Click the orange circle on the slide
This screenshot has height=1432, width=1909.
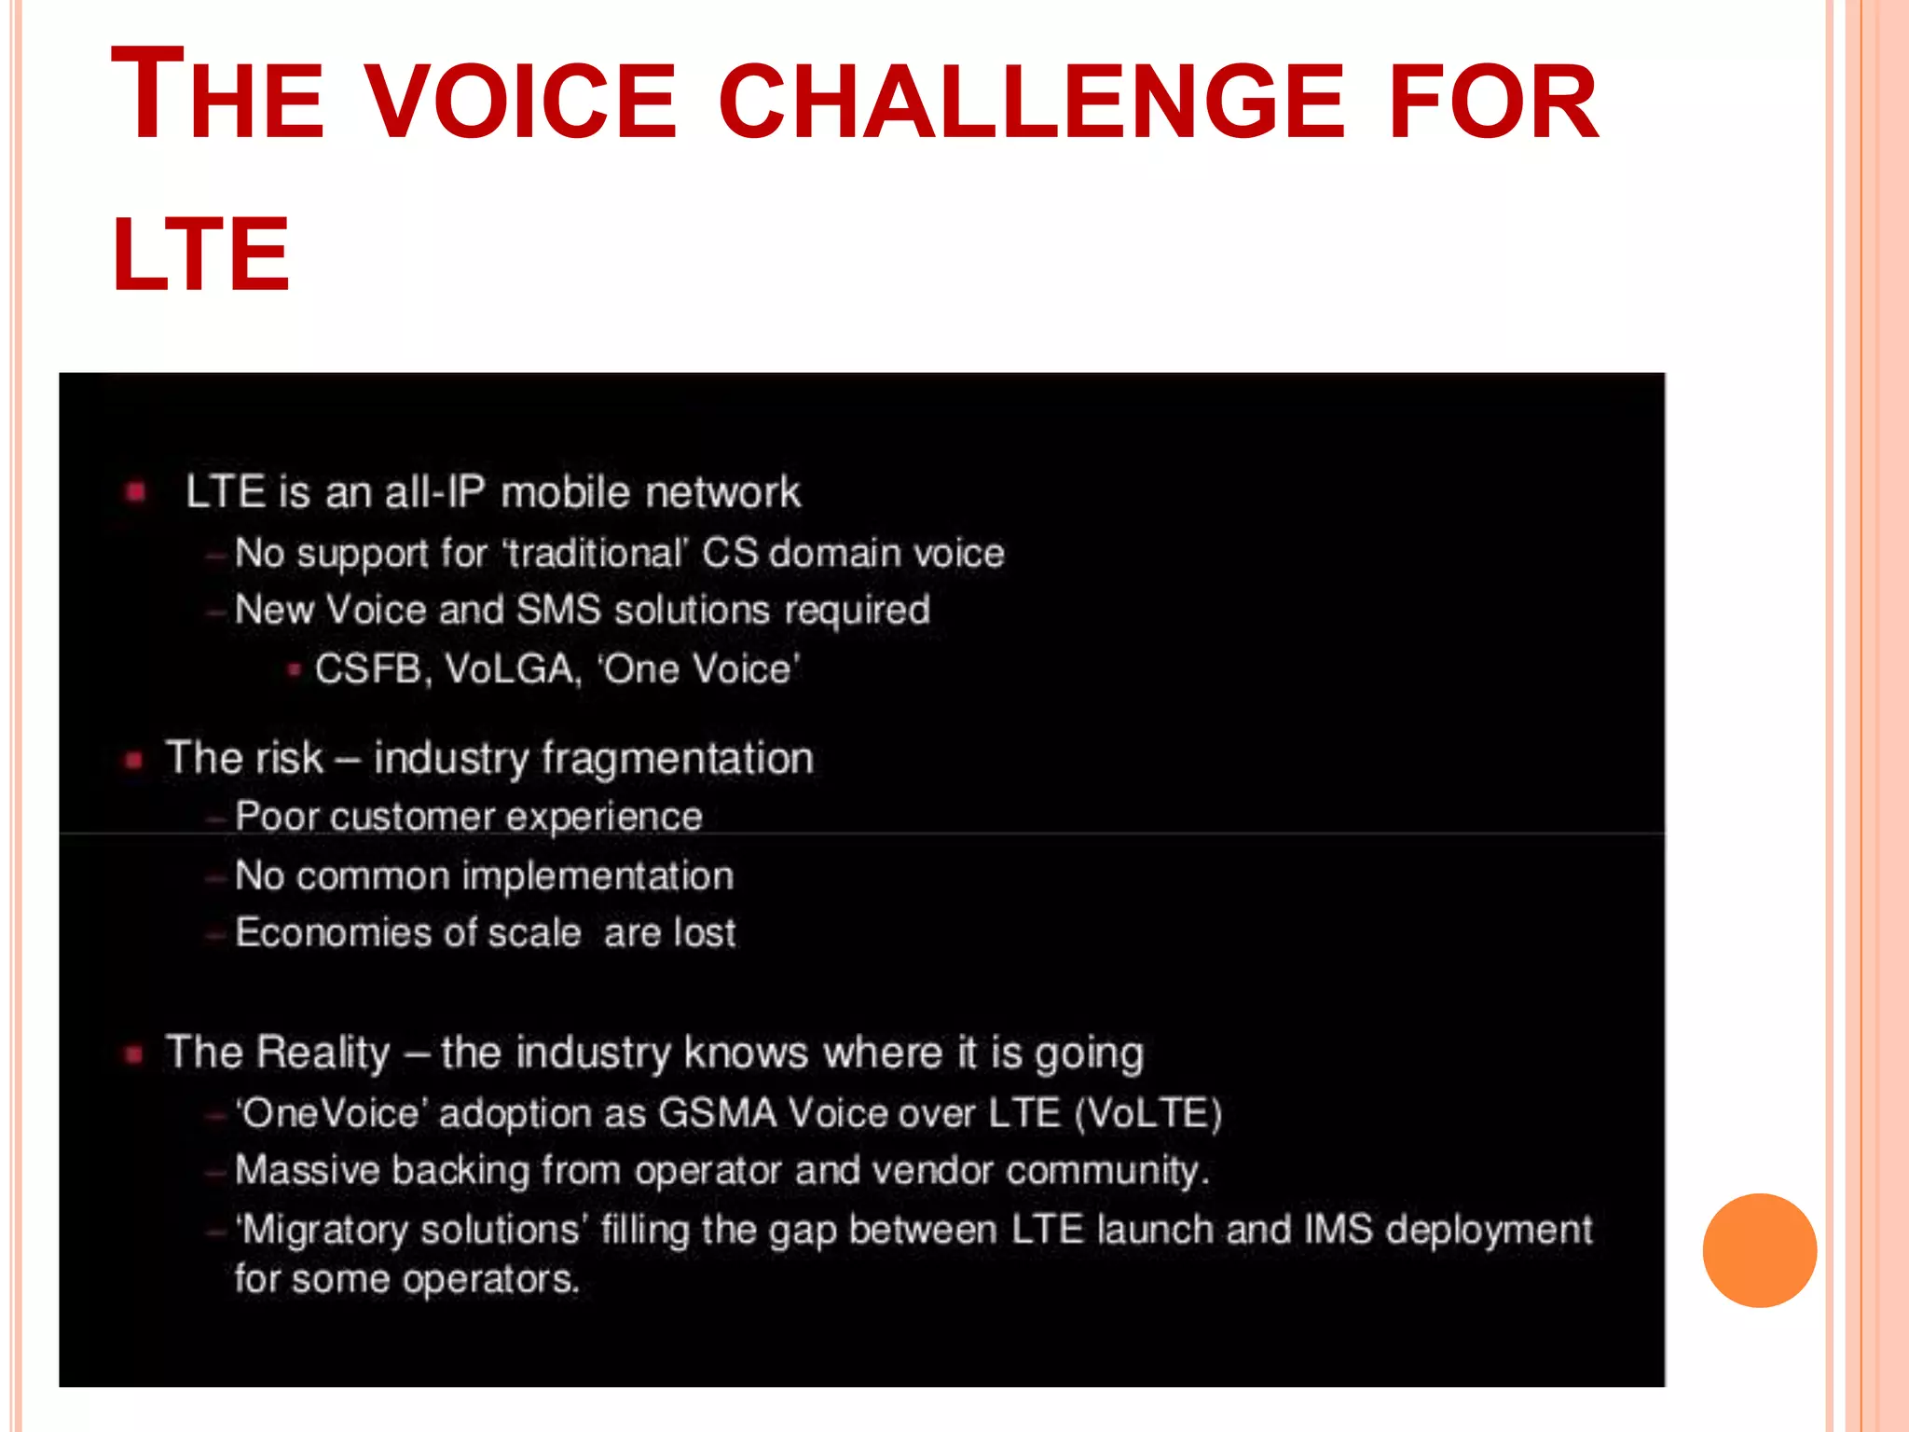pos(1759,1250)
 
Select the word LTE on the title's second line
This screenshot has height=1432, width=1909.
pos(200,254)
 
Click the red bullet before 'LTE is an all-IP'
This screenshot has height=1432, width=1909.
pos(136,491)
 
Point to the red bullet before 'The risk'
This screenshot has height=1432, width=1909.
pos(134,760)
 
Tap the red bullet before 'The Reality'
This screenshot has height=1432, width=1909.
pos(134,1054)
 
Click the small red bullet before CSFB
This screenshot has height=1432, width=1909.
pos(295,669)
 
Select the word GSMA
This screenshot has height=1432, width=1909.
pos(717,1113)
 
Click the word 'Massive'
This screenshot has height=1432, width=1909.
pos(307,1170)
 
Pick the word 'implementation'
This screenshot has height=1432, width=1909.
pos(597,876)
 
